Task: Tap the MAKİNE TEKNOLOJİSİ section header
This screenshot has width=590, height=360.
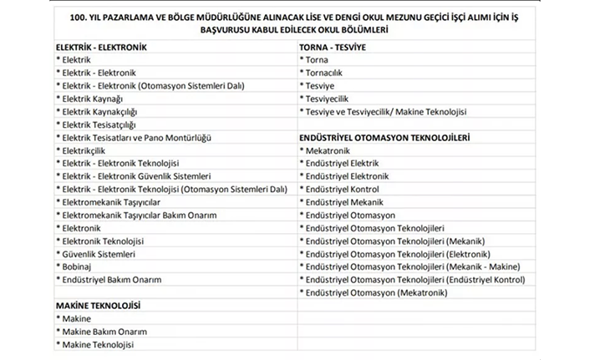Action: pos(97,305)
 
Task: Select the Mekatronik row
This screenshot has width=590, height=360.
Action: pos(327,150)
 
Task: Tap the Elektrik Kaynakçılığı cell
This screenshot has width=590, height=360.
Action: pos(99,111)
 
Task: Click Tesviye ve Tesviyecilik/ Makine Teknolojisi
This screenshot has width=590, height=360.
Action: pos(386,111)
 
